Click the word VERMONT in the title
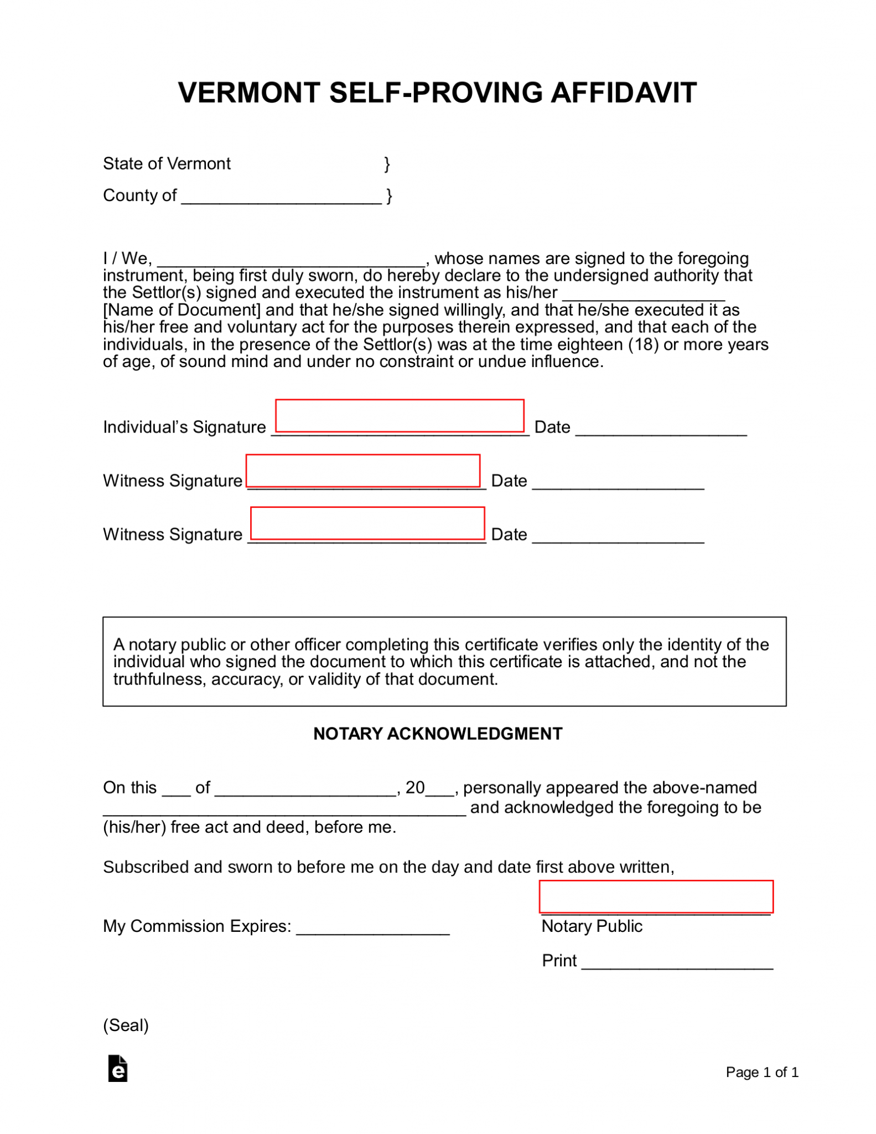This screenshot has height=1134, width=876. coord(248,92)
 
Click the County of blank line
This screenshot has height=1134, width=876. coord(281,198)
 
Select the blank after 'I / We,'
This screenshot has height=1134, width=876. coord(292,260)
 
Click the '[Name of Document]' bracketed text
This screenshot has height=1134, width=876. coord(182,310)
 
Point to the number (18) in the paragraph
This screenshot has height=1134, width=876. coord(643,344)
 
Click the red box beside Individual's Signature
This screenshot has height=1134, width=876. coord(400,415)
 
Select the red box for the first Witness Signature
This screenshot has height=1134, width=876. coord(363,471)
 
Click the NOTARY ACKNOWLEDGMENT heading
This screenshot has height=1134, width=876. coord(438,734)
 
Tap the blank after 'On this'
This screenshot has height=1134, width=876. coord(176,790)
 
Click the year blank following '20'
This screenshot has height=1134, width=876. coord(439,790)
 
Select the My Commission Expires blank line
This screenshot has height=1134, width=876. coord(372,928)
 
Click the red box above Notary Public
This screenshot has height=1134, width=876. coord(656,896)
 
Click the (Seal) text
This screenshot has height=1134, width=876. coord(126,1025)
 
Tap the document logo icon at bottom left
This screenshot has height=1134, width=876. coord(118,1069)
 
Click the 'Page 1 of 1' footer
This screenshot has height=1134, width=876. coord(761,1073)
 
